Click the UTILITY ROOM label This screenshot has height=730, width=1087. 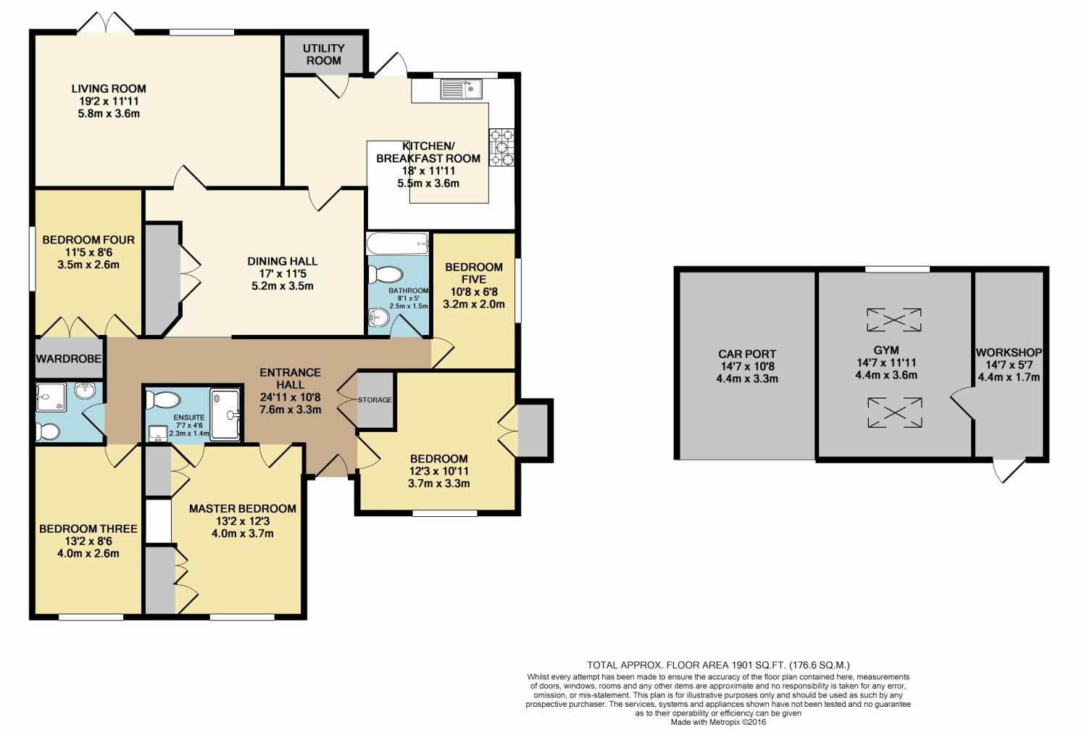(x=324, y=54)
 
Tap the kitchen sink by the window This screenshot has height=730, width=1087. (x=461, y=89)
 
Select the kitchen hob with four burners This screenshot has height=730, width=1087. (x=501, y=147)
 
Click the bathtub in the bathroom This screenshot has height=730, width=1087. (x=398, y=243)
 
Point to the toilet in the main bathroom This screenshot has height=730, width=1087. (x=386, y=275)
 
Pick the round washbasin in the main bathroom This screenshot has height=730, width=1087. (x=378, y=318)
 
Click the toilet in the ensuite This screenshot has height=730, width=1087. (x=163, y=400)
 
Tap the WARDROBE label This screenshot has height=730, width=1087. (x=68, y=359)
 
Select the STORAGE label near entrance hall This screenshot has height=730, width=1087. (x=375, y=400)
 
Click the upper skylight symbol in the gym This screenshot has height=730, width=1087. (x=894, y=320)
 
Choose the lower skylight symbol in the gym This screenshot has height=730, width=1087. (x=895, y=413)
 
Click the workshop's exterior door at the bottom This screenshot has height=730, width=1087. (x=1009, y=470)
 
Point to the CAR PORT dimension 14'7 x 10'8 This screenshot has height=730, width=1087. (x=747, y=367)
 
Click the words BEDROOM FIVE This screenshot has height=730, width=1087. (x=474, y=273)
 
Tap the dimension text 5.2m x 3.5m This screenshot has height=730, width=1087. (x=283, y=286)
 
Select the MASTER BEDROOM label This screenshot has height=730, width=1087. (x=243, y=509)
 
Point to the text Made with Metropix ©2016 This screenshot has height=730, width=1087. (x=718, y=722)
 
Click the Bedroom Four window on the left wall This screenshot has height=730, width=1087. (x=32, y=260)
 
